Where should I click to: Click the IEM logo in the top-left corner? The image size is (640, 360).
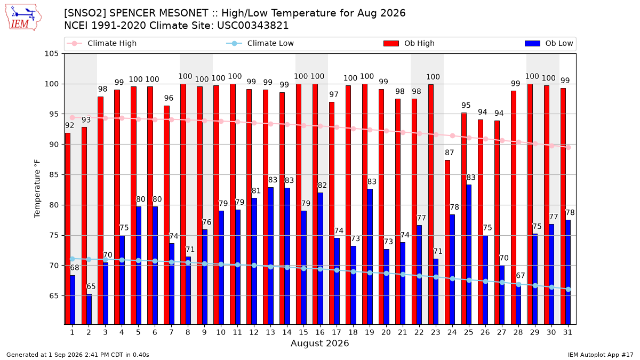23,18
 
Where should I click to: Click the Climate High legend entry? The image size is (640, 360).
101,43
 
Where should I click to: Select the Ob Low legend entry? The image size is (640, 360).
549,43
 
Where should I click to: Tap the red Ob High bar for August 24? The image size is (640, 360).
447,242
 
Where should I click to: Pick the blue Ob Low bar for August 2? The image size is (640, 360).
89,309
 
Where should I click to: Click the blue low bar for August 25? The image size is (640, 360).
469,254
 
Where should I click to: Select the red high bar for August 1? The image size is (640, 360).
68,229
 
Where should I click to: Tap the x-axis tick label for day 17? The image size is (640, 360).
337,333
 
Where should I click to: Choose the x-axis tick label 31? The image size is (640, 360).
567,333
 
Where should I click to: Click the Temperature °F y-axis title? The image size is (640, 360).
37,189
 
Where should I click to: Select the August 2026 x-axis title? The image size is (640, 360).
319,343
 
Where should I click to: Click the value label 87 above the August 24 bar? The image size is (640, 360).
450,153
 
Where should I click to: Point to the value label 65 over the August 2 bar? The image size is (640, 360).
91,286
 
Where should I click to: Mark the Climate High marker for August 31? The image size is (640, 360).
569,147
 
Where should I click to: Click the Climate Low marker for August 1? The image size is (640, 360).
73,259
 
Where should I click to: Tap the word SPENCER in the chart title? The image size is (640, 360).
158,13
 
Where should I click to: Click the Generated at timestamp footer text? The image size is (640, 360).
78,355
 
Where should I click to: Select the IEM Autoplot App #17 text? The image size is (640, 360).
601,355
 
